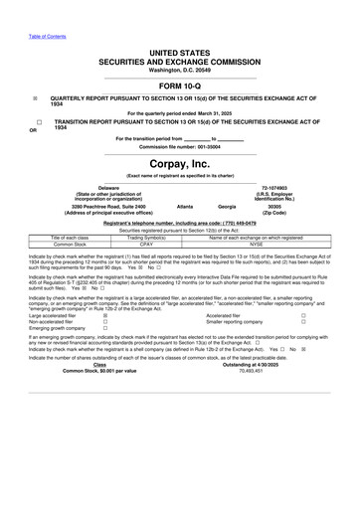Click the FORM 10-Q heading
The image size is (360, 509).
tap(179, 85)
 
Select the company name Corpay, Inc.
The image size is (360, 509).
tap(179, 161)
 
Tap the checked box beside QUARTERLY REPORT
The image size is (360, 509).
tap(35, 98)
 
